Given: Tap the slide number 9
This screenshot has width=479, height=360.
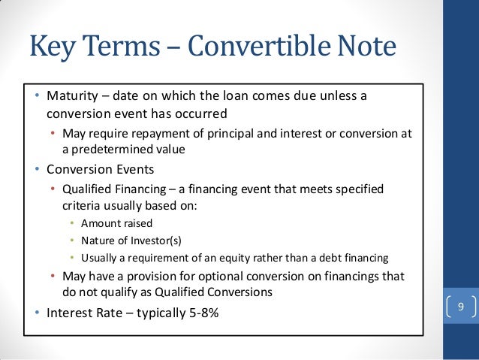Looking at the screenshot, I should tap(460, 307).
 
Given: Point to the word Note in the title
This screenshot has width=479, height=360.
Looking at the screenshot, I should tap(366, 47).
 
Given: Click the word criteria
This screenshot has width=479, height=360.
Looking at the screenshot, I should tap(82, 204).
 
